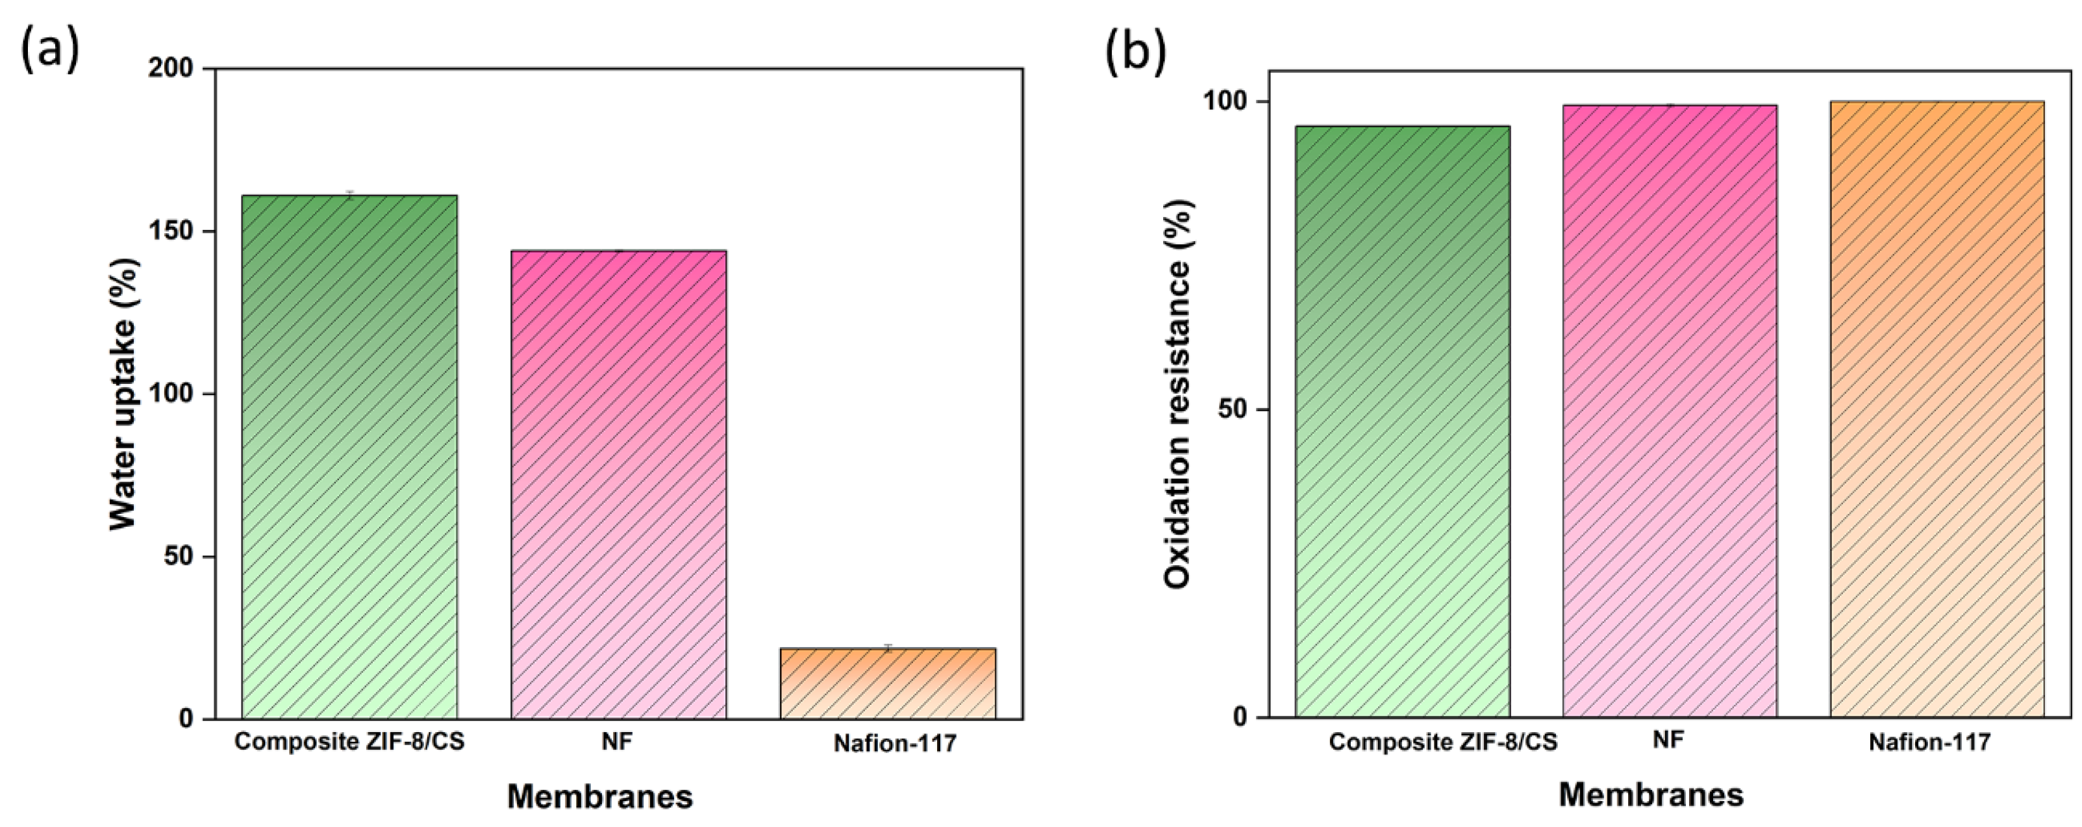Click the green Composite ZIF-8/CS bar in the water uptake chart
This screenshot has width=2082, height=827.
pos(349,457)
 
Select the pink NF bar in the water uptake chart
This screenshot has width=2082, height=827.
pos(618,485)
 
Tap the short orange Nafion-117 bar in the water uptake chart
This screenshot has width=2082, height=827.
pos(888,683)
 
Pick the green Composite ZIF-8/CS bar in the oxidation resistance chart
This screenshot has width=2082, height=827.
pos(1402,420)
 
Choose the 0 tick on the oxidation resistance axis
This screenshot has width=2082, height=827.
pos(1240,717)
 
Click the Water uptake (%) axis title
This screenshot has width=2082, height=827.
pos(123,394)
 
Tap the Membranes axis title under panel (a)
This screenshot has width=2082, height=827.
pos(599,797)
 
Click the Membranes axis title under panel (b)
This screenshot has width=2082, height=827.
pos(1651,795)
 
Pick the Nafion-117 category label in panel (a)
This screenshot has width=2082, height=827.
pos(895,744)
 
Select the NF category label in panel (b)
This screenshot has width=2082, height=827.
pos(1669,740)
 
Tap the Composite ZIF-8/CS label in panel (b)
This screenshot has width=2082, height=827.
pos(1443,742)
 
